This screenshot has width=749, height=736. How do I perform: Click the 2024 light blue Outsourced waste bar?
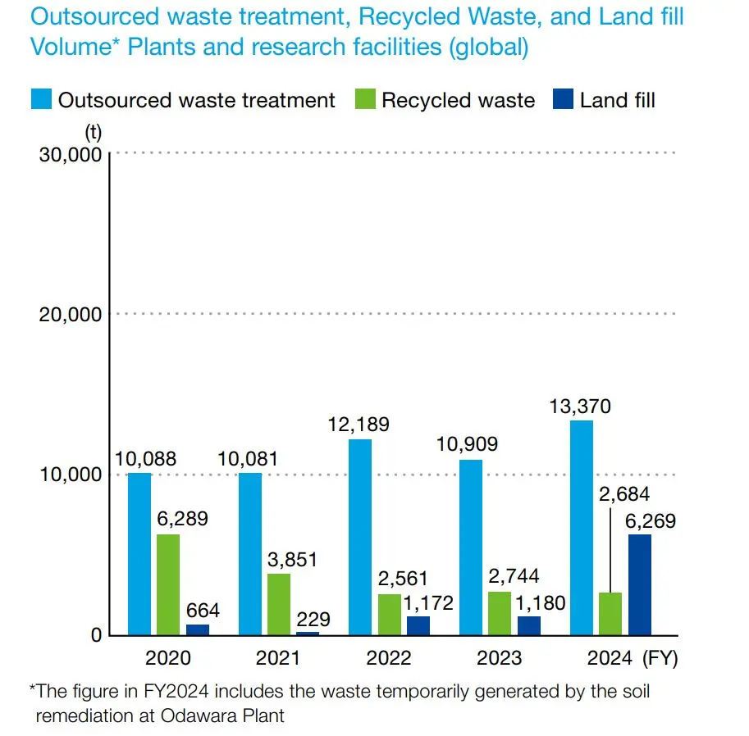pyautogui.click(x=582, y=528)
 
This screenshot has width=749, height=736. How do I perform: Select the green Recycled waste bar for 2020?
pyautogui.click(x=168, y=584)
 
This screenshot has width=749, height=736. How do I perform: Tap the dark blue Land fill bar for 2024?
pyautogui.click(x=640, y=584)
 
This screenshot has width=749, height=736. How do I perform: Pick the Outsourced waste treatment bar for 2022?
pyautogui.click(x=360, y=537)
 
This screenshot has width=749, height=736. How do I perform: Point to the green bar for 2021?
pyautogui.click(x=279, y=604)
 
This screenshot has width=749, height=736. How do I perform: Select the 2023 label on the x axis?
pyautogui.click(x=500, y=658)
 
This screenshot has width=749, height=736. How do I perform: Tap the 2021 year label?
pyautogui.click(x=278, y=658)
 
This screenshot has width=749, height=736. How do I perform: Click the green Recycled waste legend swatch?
pyautogui.click(x=366, y=100)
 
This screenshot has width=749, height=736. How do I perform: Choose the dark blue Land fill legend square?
pyautogui.click(x=564, y=100)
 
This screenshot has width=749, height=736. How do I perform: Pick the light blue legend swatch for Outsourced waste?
pyautogui.click(x=42, y=100)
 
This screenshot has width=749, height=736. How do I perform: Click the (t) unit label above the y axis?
pyautogui.click(x=93, y=131)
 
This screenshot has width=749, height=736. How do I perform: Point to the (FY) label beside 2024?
pyautogui.click(x=661, y=658)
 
